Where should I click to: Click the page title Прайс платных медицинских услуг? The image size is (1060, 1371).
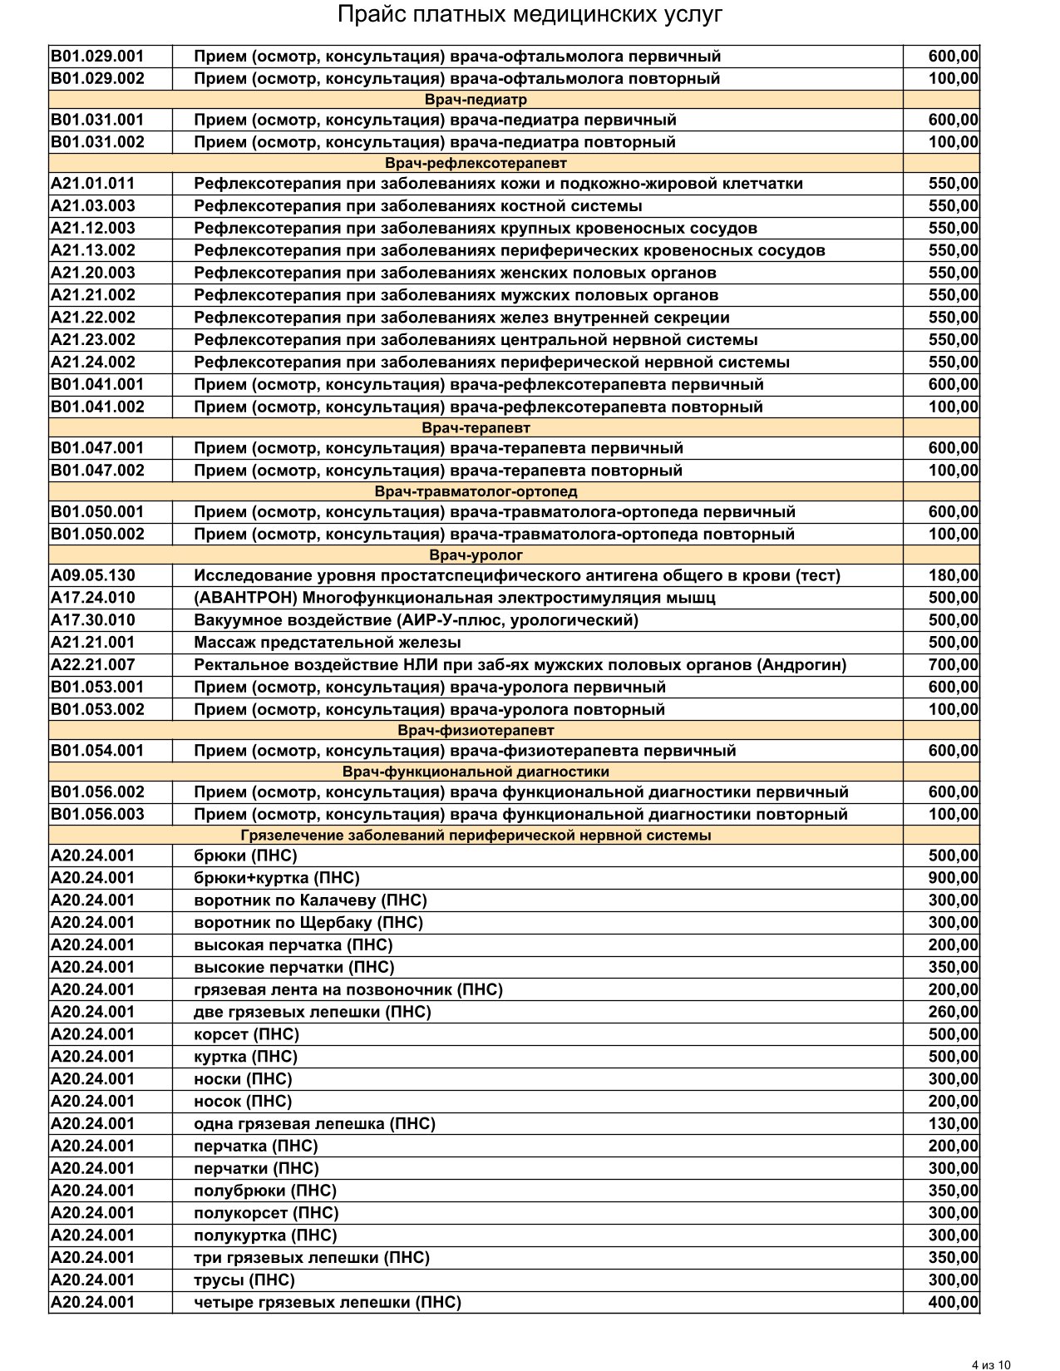pos(530,16)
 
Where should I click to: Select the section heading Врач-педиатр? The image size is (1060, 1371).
pos(476,100)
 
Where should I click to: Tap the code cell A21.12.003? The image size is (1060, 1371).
pos(93,228)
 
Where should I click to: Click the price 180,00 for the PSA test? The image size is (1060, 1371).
pos(953,575)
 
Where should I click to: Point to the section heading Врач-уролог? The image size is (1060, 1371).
pos(476,555)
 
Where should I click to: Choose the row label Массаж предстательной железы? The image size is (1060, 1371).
pos(327,643)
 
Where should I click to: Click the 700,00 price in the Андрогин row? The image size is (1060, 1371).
pos(953,665)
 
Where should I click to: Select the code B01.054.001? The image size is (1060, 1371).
pos(97,751)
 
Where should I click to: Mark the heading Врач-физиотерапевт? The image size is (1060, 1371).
pos(476,730)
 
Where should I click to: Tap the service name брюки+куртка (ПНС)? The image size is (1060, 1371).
pos(276,878)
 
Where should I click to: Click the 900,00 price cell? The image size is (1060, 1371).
pos(953,878)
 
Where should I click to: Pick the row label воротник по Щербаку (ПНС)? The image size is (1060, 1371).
pos(308,923)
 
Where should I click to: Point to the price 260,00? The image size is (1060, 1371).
pos(953,1012)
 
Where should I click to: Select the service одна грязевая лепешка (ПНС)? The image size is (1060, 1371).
pos(314,1124)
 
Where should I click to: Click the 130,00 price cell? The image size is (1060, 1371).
pos(953,1124)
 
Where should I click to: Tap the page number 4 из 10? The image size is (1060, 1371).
pos(991,1364)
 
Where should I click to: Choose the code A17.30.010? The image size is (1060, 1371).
pos(93,620)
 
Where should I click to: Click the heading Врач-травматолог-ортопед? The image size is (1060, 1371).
pos(476,491)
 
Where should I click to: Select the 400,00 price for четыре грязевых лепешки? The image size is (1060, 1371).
pos(953,1303)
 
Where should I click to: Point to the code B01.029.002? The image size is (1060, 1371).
pos(97,79)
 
